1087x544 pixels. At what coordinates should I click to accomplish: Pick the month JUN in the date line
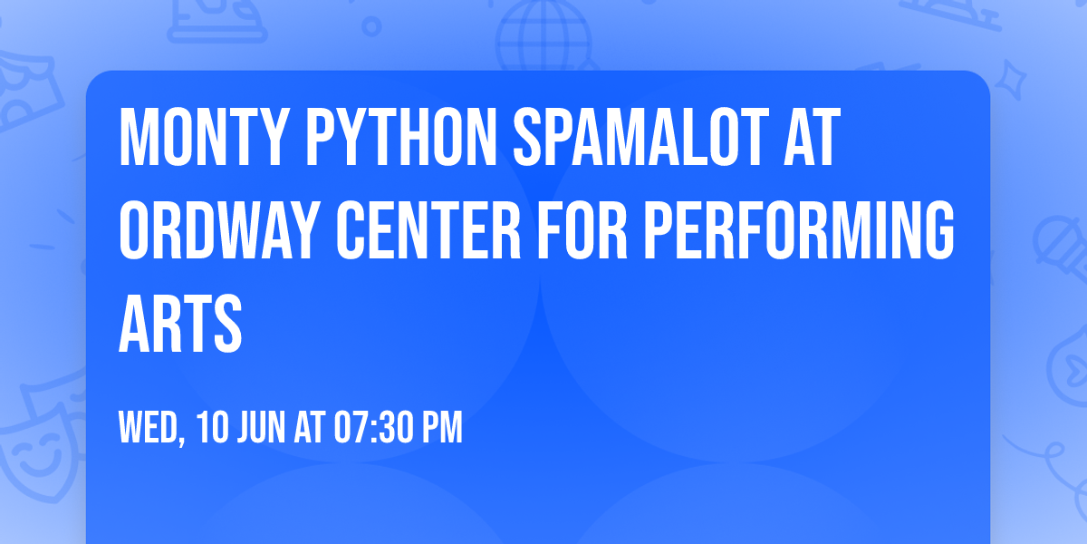(263, 428)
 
